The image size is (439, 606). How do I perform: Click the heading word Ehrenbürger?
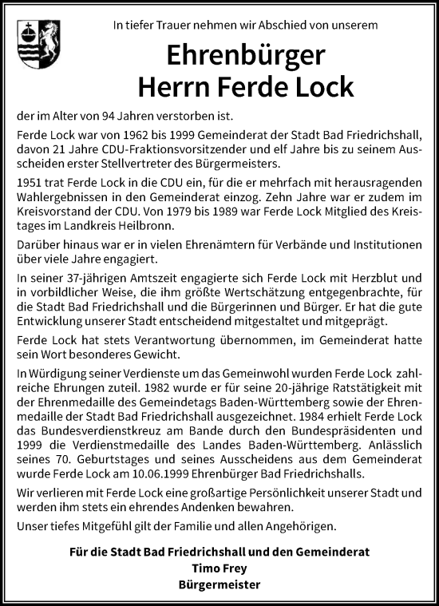[246, 55]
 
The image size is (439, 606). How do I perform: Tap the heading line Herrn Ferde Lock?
[246, 85]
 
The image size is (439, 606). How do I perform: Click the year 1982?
[153, 387]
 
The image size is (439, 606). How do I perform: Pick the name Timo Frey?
[219, 568]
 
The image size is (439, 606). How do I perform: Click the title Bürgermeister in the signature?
[219, 584]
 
